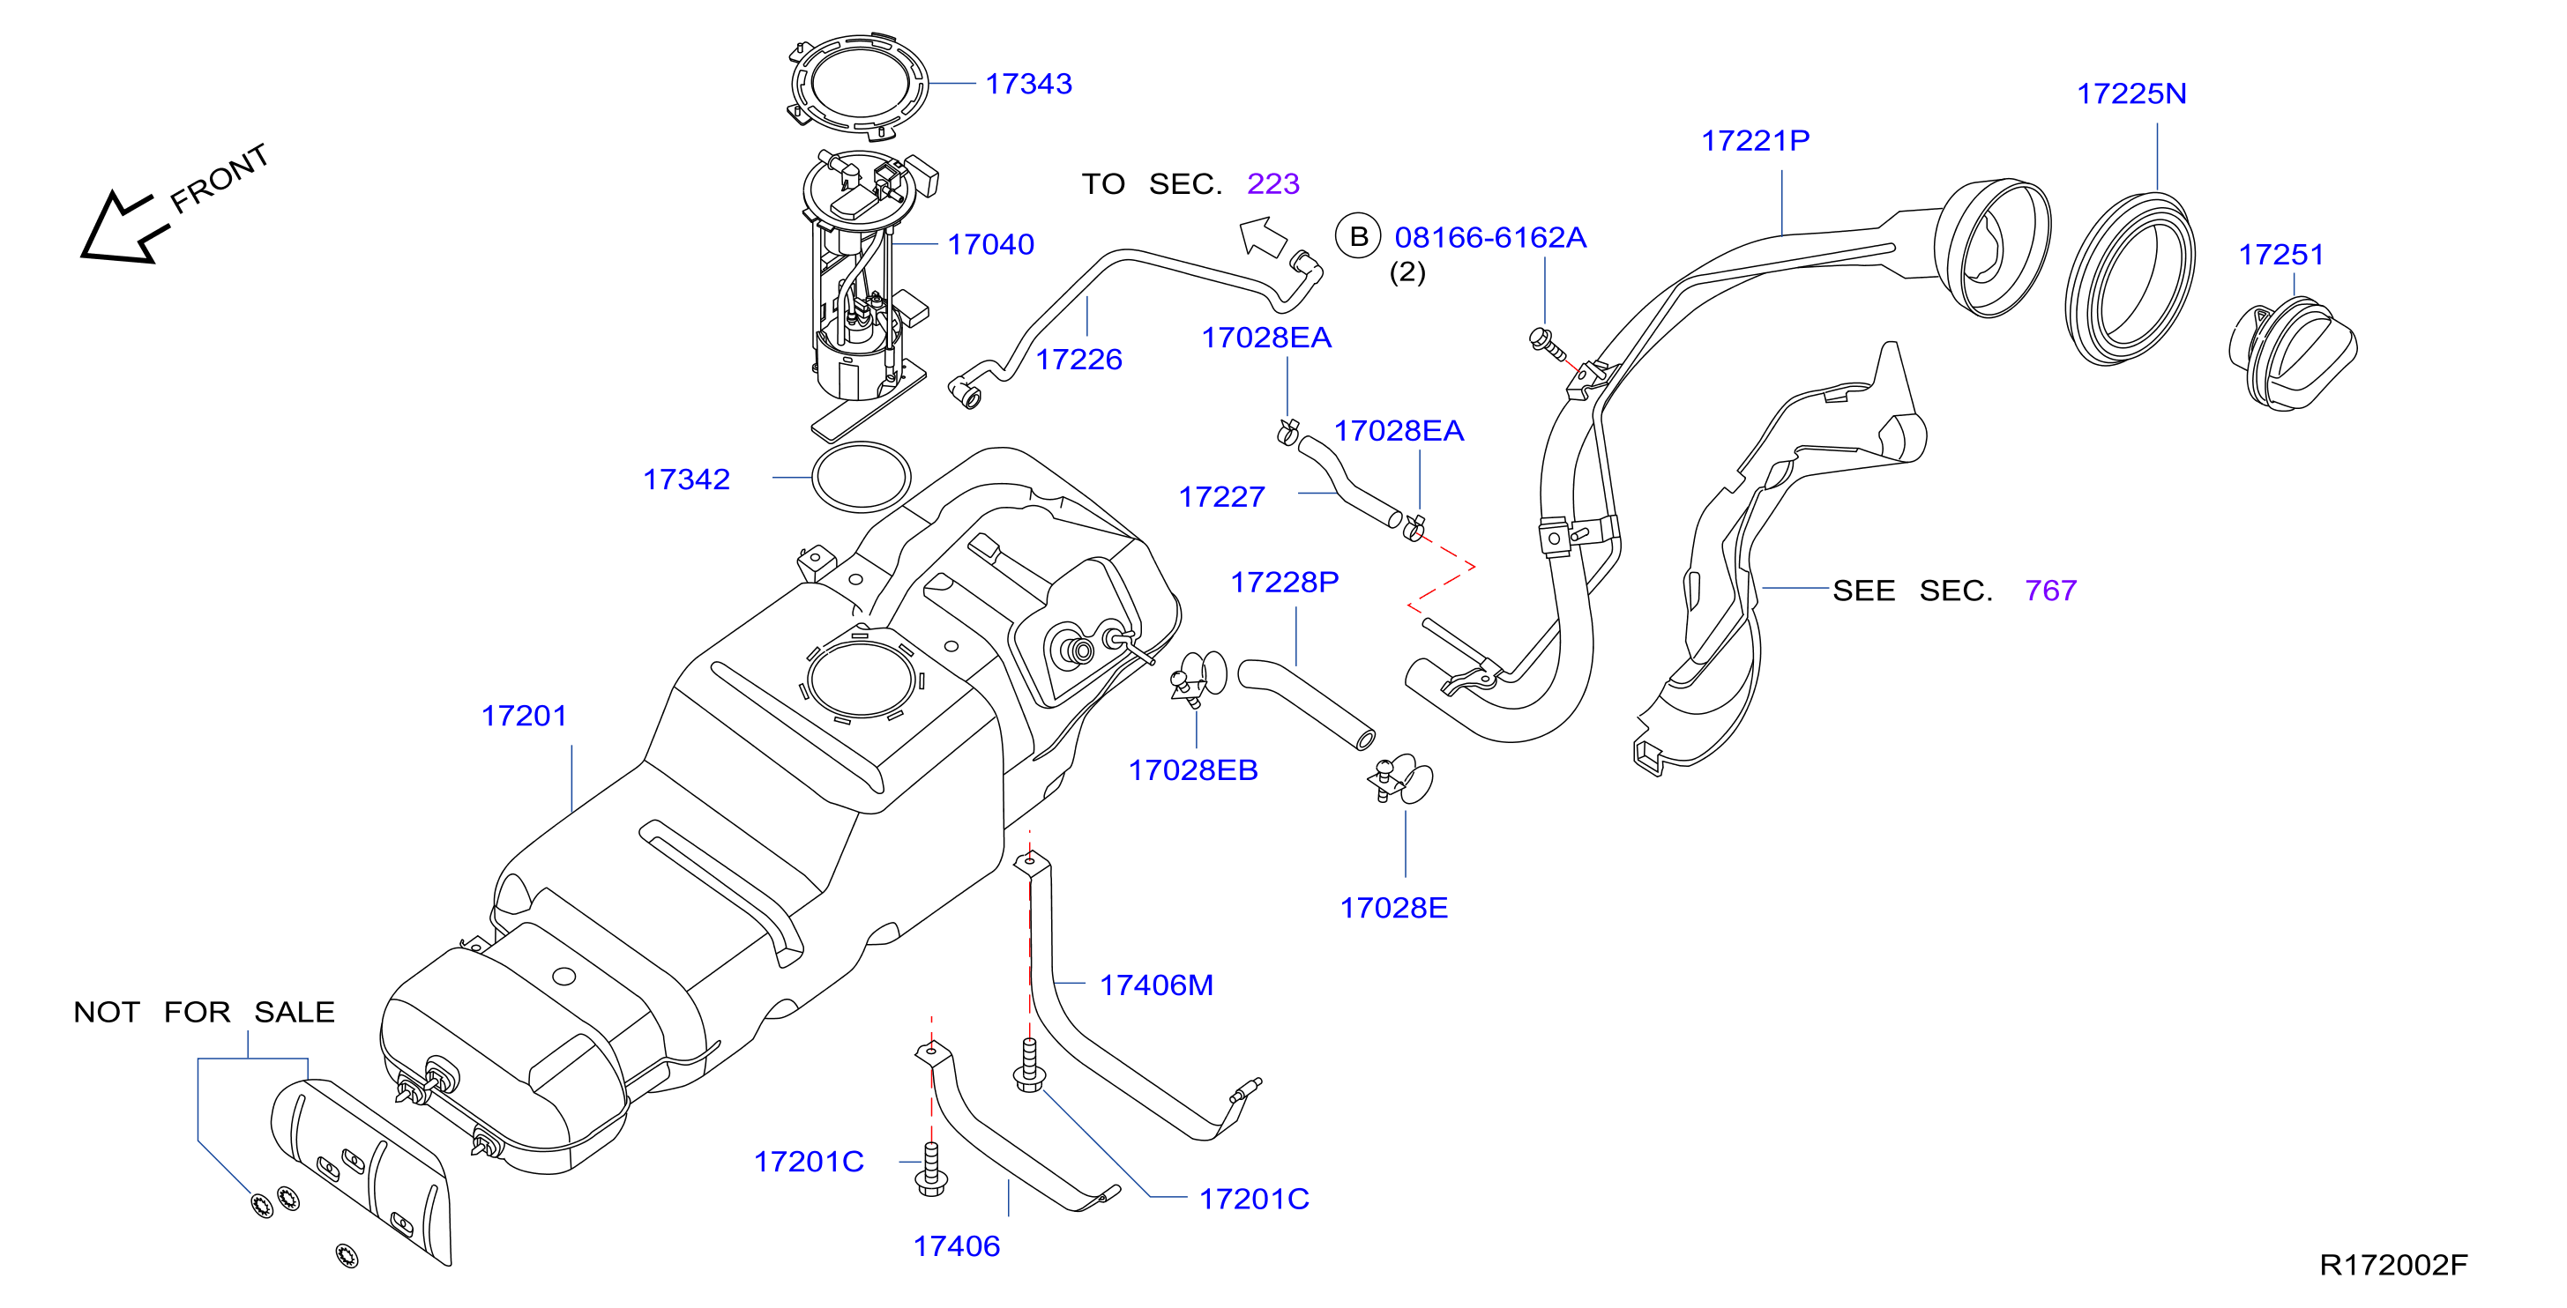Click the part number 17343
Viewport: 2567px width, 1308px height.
click(x=1028, y=84)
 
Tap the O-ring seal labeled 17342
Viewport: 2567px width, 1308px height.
click(x=861, y=477)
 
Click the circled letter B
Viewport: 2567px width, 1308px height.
click(x=1358, y=237)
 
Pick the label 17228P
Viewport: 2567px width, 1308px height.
click(x=1285, y=582)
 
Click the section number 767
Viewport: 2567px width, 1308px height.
click(x=2051, y=591)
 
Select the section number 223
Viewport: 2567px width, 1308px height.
click(x=1273, y=183)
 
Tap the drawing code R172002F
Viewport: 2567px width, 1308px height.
click(x=2393, y=1265)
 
